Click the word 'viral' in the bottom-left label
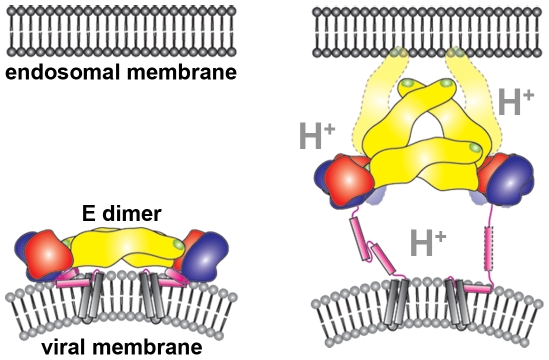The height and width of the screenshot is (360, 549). [69, 348]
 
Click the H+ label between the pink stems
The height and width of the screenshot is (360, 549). [428, 240]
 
